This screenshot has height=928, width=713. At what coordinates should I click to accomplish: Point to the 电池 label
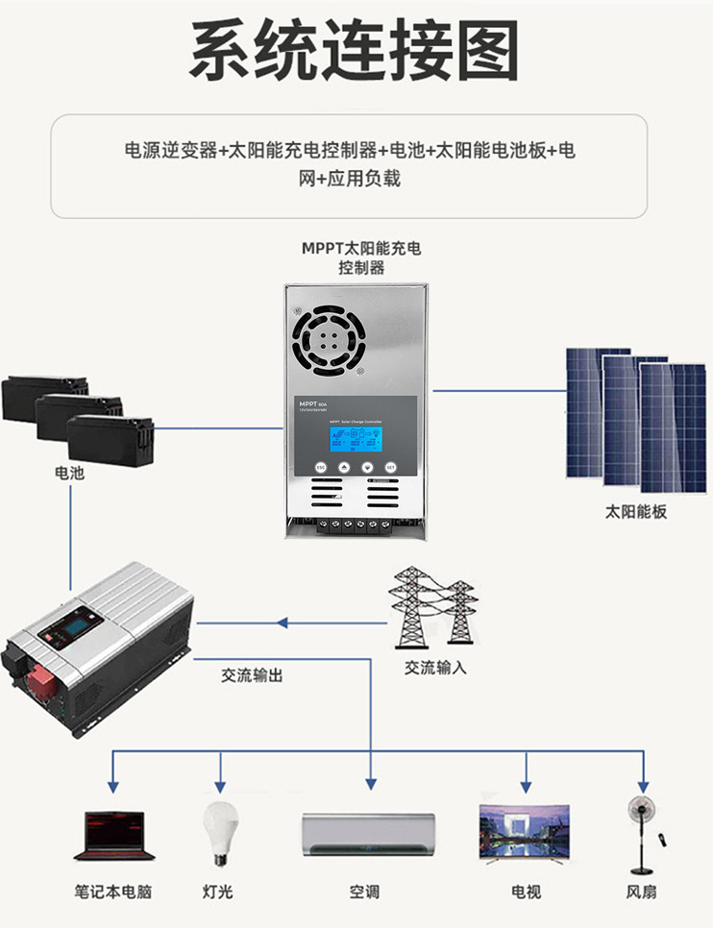pos(69,474)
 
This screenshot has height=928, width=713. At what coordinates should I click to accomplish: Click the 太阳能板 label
pos(636,511)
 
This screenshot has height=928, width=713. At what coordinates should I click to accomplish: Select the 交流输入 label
pos(435,667)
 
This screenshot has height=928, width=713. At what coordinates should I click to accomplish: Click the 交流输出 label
pos(252,675)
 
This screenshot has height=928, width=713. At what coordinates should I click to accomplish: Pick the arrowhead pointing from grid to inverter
pos(283,623)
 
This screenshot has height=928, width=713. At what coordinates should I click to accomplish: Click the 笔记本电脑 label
pos(113,891)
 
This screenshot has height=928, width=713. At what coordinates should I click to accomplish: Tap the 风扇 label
pos(641,891)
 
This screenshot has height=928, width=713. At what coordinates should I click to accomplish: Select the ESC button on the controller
pos(323,467)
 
